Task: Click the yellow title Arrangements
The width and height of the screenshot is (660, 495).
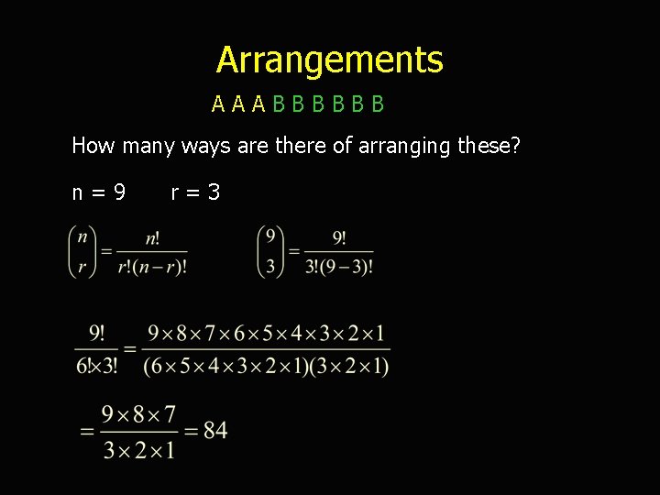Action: (330, 60)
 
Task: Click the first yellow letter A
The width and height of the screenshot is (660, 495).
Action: (218, 104)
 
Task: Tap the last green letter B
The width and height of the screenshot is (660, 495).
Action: (378, 104)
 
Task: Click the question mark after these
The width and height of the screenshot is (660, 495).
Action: (515, 145)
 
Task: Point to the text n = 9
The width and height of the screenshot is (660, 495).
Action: (99, 192)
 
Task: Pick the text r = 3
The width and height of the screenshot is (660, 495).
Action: (195, 192)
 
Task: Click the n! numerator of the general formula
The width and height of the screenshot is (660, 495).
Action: (152, 237)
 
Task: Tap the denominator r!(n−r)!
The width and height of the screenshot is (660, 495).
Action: (152, 267)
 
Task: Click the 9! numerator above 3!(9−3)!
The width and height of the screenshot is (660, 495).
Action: (338, 237)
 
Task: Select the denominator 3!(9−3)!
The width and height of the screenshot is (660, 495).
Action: (338, 267)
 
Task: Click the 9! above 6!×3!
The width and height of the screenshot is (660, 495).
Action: (96, 333)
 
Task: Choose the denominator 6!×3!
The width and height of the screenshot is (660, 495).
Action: (96, 366)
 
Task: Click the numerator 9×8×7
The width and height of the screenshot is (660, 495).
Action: (138, 414)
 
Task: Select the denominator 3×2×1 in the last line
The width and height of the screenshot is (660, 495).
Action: (138, 449)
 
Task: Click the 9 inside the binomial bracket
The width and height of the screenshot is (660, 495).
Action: (271, 236)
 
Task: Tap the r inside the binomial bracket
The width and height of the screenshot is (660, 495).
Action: (82, 267)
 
